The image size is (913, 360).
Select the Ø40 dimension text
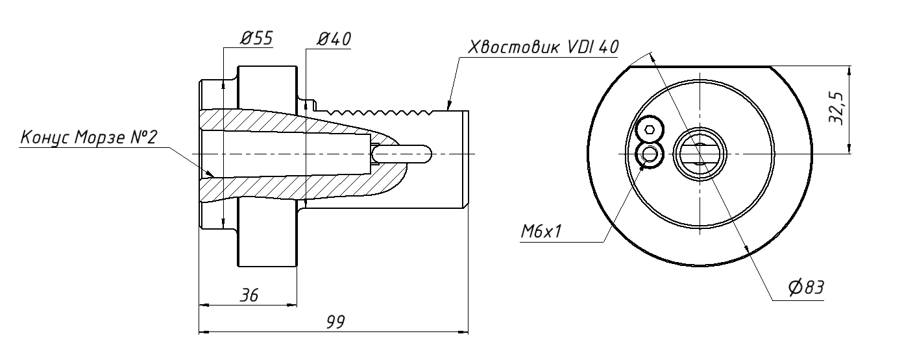coord(334,39)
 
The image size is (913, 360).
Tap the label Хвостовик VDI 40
coord(543,47)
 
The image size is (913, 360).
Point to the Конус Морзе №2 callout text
coord(89,138)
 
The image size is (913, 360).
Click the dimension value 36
coord(249,296)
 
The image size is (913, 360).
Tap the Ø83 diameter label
coord(805,287)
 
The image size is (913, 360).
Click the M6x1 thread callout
coord(541,232)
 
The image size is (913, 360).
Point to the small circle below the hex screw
coord(650,154)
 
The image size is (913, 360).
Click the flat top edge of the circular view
coord(700,67)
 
